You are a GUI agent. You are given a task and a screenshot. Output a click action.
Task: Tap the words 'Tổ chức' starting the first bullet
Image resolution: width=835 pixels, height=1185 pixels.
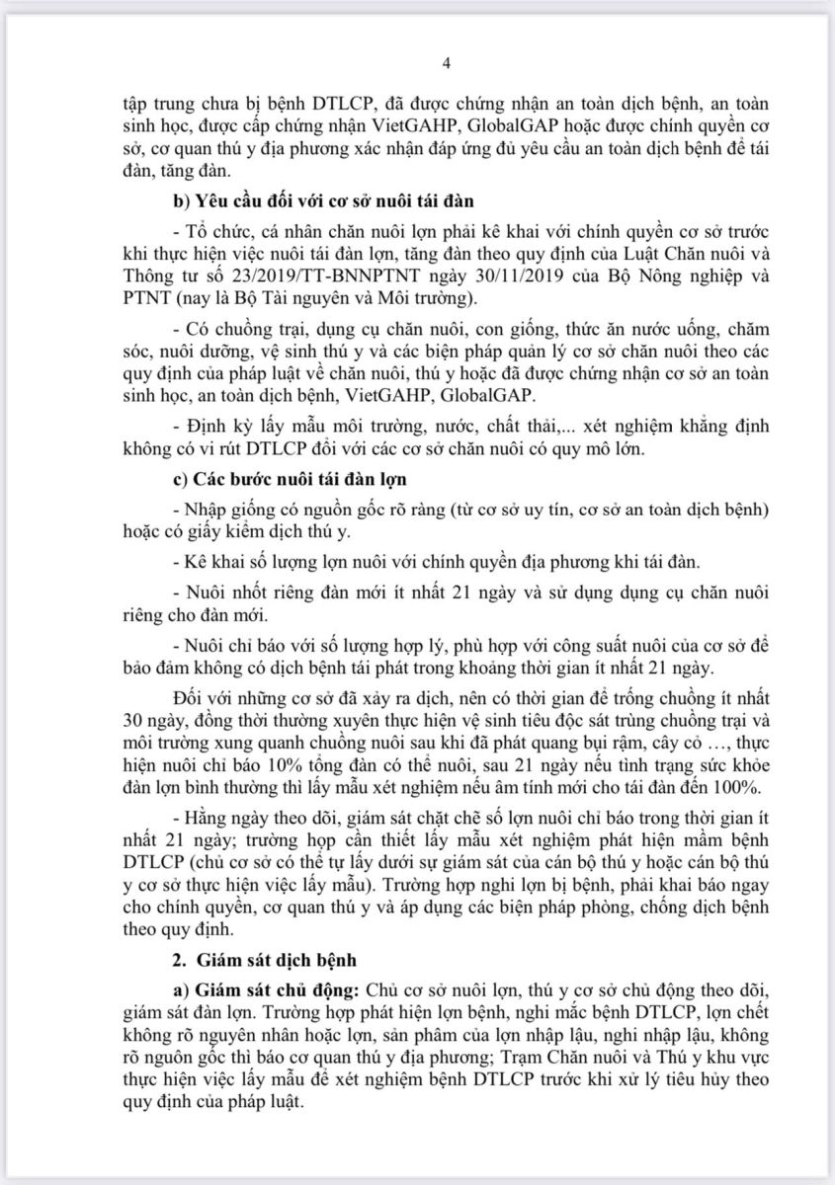point(211,230)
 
